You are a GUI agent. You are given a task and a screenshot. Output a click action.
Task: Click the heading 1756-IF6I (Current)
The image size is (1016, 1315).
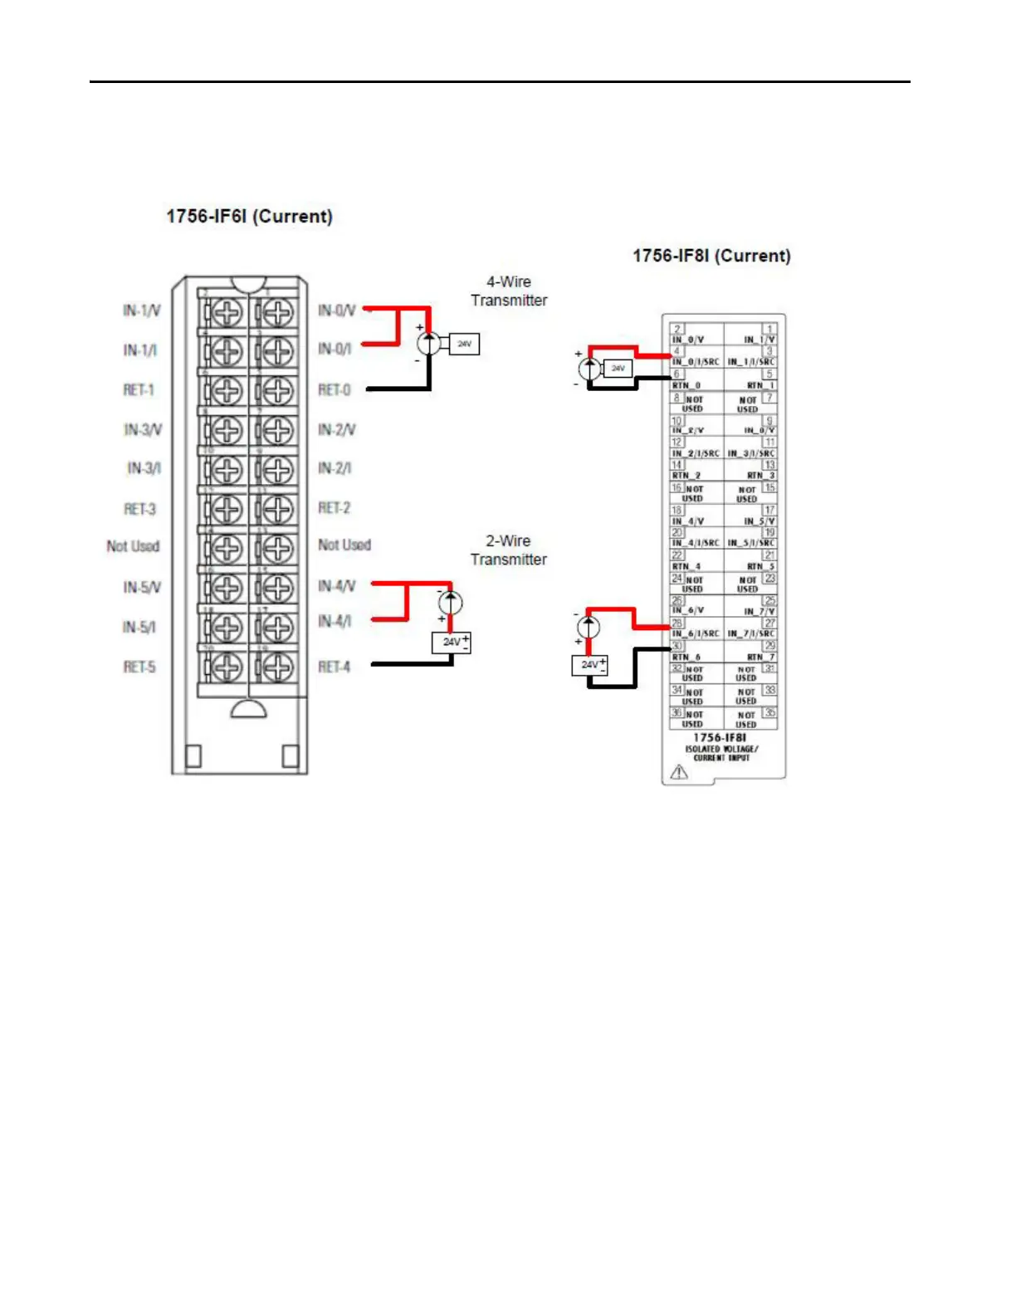tap(249, 217)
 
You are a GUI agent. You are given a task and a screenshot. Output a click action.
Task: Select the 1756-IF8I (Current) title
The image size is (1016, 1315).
tap(711, 256)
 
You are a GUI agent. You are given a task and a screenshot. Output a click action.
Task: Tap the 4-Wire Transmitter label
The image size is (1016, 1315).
tap(509, 291)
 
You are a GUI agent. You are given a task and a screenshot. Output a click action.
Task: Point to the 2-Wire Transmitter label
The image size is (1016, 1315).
tap(508, 550)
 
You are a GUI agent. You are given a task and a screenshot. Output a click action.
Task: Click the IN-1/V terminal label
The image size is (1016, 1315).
tap(141, 310)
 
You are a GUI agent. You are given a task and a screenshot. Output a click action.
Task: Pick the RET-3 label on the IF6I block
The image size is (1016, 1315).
tap(139, 509)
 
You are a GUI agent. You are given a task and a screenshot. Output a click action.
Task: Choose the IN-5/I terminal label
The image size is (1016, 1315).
tap(139, 627)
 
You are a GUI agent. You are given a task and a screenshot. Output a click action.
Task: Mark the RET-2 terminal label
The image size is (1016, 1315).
tap(335, 507)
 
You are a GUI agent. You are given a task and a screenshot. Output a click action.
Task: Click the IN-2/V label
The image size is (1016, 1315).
tap(336, 429)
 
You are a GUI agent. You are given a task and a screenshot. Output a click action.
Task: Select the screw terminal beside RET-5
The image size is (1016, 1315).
tap(226, 667)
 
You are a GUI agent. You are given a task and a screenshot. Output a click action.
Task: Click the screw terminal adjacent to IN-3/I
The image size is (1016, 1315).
tap(226, 470)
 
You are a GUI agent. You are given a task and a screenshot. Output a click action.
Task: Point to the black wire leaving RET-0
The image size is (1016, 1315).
tap(398, 389)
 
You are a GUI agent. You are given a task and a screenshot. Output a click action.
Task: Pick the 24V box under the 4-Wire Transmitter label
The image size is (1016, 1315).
tap(464, 344)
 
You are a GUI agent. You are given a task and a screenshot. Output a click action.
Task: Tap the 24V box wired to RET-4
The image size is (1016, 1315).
tap(452, 642)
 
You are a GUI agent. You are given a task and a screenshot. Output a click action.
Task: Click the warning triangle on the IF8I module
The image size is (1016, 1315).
tap(679, 773)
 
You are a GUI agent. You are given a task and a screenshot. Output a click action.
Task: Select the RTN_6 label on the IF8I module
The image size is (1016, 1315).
tap(686, 657)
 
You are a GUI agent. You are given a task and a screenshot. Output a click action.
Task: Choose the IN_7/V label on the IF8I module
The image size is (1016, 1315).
tap(760, 612)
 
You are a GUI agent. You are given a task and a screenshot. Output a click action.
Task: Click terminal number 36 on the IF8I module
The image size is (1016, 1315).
tap(677, 712)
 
